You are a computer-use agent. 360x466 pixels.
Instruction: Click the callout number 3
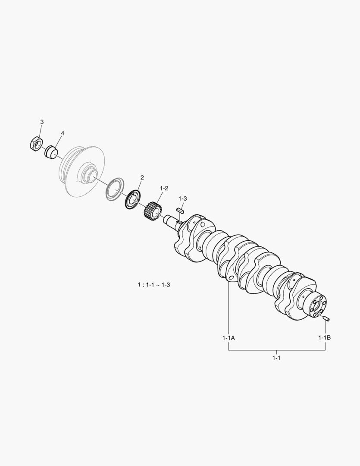coord(42,122)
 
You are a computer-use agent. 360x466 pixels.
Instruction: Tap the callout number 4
coord(63,133)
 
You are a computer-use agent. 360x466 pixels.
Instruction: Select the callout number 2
coord(142,177)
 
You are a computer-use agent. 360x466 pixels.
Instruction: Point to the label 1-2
coord(164,188)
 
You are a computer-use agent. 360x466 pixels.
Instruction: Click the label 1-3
coord(183,198)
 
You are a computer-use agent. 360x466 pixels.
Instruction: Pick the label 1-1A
coord(229,337)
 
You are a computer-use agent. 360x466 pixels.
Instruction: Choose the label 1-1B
coord(325,337)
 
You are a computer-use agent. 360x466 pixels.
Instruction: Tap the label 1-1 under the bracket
coord(276,358)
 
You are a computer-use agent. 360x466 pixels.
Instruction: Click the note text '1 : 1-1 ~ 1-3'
coord(154,285)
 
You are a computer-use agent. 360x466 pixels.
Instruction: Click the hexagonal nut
coord(37,144)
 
